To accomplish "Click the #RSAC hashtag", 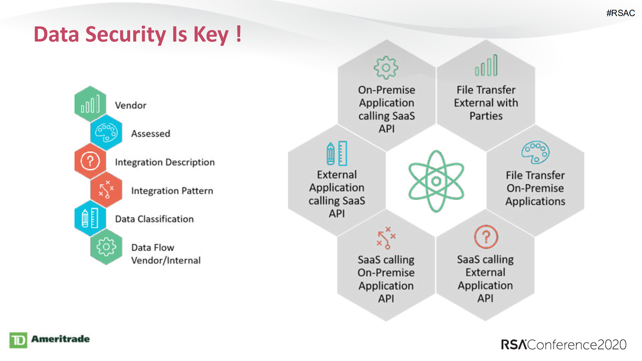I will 620,13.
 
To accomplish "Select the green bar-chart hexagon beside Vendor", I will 90,104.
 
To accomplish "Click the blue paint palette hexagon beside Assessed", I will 106,132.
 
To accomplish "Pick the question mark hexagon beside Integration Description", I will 90,161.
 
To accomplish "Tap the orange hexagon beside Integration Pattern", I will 106,190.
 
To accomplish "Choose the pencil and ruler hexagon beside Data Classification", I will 90,218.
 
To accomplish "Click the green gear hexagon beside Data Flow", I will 106,247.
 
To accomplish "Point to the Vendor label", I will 130,105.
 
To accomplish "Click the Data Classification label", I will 154,219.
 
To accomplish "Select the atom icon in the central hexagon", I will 436,181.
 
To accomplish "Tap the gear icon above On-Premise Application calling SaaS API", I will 386,67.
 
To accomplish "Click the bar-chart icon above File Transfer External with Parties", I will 486,66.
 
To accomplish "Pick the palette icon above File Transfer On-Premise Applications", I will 535,152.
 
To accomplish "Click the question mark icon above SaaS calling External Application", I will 486,237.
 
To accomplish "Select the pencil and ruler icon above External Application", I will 337,153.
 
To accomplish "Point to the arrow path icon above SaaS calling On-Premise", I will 386,238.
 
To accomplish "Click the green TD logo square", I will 18,340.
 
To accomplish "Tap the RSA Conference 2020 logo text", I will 563,344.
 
